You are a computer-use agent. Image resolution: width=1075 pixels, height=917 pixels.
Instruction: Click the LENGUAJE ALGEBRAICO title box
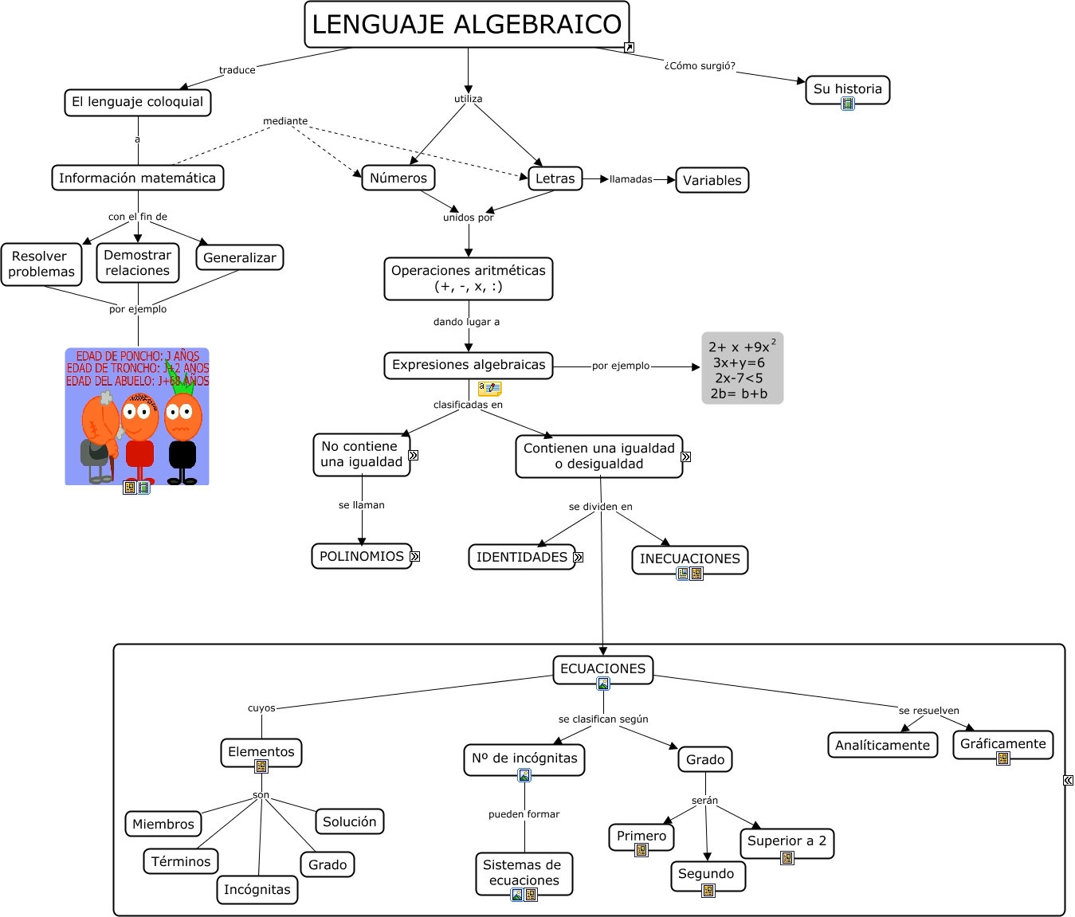(x=467, y=25)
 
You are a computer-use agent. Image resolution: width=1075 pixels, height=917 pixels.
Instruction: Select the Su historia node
(x=847, y=88)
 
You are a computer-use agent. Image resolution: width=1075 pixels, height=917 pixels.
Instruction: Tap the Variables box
(x=712, y=180)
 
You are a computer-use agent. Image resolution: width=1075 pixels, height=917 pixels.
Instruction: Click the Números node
(x=398, y=178)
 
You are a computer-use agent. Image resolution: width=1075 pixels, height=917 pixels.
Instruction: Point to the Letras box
(x=555, y=178)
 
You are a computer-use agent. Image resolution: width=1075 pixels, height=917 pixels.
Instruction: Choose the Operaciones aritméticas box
(x=469, y=278)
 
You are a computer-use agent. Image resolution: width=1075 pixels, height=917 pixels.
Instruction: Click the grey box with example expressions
(x=742, y=369)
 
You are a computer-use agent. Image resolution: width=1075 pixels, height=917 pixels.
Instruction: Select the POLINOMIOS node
(x=361, y=556)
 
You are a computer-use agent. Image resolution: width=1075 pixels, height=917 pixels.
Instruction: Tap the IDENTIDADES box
(x=521, y=557)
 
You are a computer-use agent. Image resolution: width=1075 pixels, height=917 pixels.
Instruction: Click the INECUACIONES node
(x=689, y=558)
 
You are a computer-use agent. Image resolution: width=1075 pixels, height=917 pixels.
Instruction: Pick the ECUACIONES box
(x=602, y=668)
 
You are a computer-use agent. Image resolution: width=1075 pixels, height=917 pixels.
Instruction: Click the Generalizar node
(x=239, y=257)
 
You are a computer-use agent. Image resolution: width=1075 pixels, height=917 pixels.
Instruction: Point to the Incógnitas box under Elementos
(x=257, y=889)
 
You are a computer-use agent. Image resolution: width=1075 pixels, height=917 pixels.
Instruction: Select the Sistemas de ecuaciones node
(x=524, y=872)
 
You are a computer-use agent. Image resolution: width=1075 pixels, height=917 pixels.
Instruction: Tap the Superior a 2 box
(x=787, y=841)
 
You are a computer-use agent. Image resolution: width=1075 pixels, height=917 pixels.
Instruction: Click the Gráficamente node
(x=1002, y=743)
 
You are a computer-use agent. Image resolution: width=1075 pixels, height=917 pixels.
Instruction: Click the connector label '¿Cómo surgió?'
(x=700, y=66)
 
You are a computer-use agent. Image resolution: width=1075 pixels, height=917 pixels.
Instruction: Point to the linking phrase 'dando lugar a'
(x=466, y=322)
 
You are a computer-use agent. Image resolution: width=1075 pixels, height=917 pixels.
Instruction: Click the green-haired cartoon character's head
(x=182, y=412)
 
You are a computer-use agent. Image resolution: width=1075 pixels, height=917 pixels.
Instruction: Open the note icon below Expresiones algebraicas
(x=489, y=389)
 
